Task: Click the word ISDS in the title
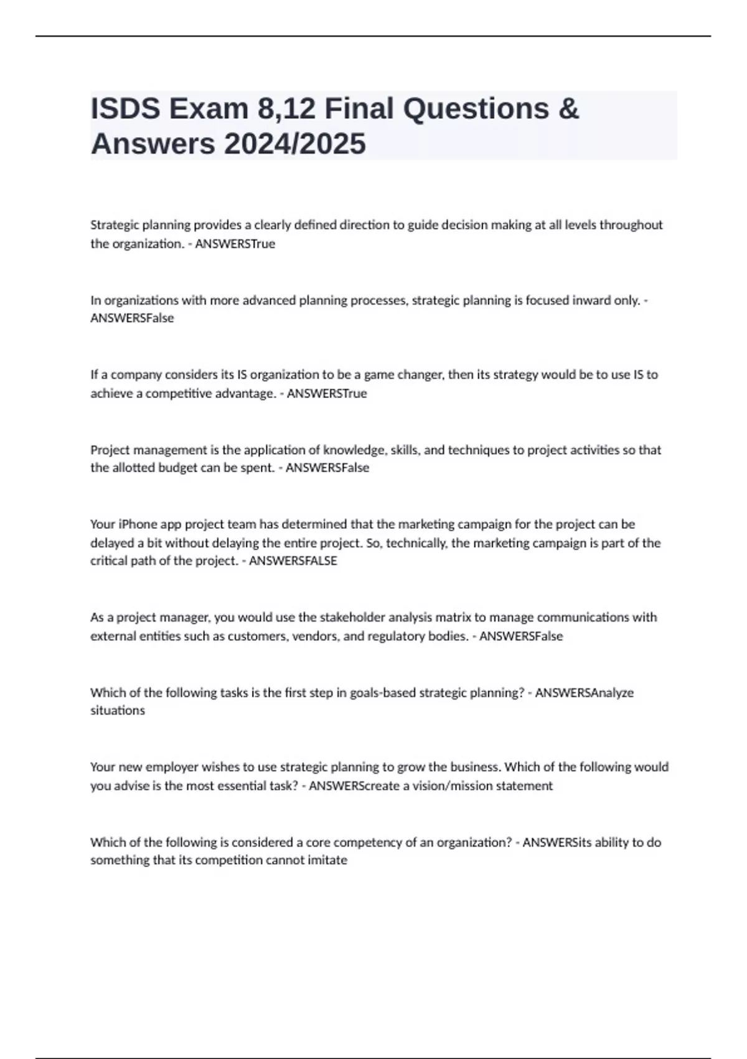click(126, 109)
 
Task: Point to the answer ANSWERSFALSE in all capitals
click(293, 561)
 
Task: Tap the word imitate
click(327, 860)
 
